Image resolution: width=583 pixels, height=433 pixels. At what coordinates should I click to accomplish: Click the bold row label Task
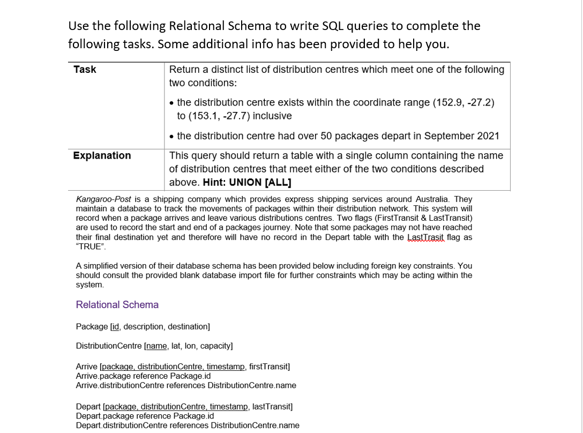85,70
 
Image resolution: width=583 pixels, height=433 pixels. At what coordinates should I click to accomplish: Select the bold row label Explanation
102,155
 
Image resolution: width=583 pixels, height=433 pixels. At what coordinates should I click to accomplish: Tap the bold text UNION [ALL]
260,182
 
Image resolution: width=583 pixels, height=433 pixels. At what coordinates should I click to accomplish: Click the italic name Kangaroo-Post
103,199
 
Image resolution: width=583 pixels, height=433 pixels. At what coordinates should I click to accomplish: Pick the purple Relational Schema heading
117,305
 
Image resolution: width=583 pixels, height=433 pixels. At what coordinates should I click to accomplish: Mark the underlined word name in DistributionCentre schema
156,346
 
